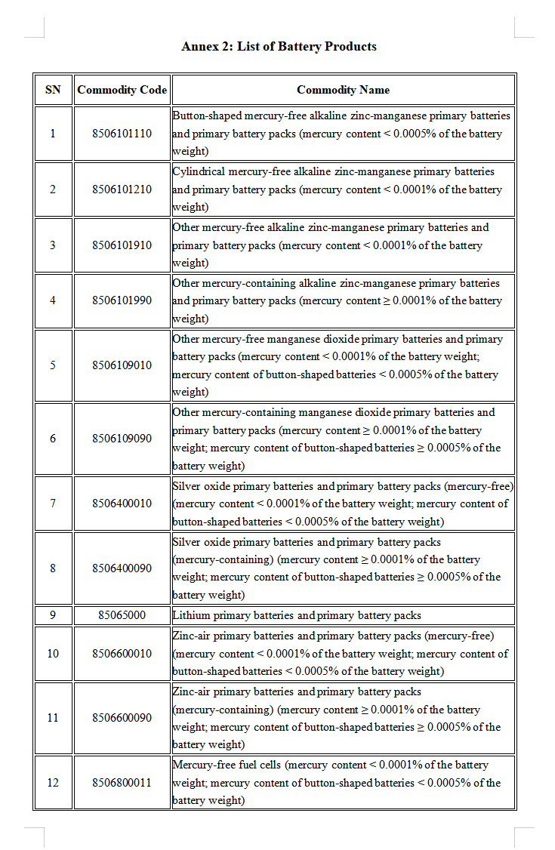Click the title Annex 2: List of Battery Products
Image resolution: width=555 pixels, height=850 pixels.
279,47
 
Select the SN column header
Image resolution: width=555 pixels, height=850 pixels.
53,90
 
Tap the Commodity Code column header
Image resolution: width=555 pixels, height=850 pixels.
122,90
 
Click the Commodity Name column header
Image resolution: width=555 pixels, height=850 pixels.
343,90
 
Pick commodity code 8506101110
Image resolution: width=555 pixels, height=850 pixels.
122,134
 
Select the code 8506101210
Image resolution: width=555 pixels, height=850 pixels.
122,189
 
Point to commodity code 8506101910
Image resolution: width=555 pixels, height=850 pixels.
122,245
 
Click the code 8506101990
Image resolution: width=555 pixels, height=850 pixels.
122,300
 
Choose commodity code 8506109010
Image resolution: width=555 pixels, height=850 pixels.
122,365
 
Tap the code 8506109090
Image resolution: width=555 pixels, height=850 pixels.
122,439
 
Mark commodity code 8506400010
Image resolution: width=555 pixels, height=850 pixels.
122,504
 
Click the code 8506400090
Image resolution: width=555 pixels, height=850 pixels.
122,568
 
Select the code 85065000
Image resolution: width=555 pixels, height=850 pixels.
122,615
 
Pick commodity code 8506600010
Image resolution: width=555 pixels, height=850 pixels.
122,654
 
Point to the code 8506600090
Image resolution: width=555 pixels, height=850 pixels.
122,718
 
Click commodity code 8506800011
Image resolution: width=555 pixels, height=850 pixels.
122,783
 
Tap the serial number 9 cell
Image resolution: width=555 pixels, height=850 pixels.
53,615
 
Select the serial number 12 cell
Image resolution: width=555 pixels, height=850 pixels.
53,783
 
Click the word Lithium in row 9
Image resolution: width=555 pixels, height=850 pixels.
191,615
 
